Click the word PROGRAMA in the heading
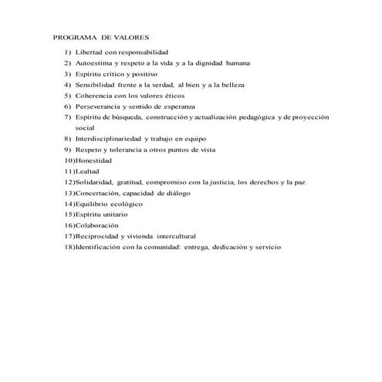pos(71,35)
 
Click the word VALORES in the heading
pos(130,35)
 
